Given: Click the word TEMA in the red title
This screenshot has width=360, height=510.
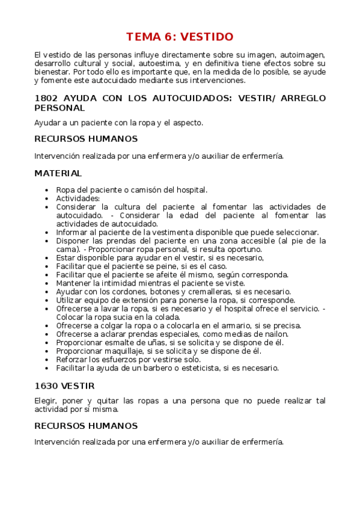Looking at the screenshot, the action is click(x=145, y=37).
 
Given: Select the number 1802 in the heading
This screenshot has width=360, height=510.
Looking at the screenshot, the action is click(x=46, y=97).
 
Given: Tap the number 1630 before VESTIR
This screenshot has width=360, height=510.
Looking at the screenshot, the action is click(x=46, y=385).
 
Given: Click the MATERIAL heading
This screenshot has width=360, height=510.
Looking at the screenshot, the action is click(x=58, y=173).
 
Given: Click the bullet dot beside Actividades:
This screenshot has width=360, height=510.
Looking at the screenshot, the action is click(x=47, y=198).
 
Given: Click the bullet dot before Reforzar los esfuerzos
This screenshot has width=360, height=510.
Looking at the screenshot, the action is click(x=47, y=360).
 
